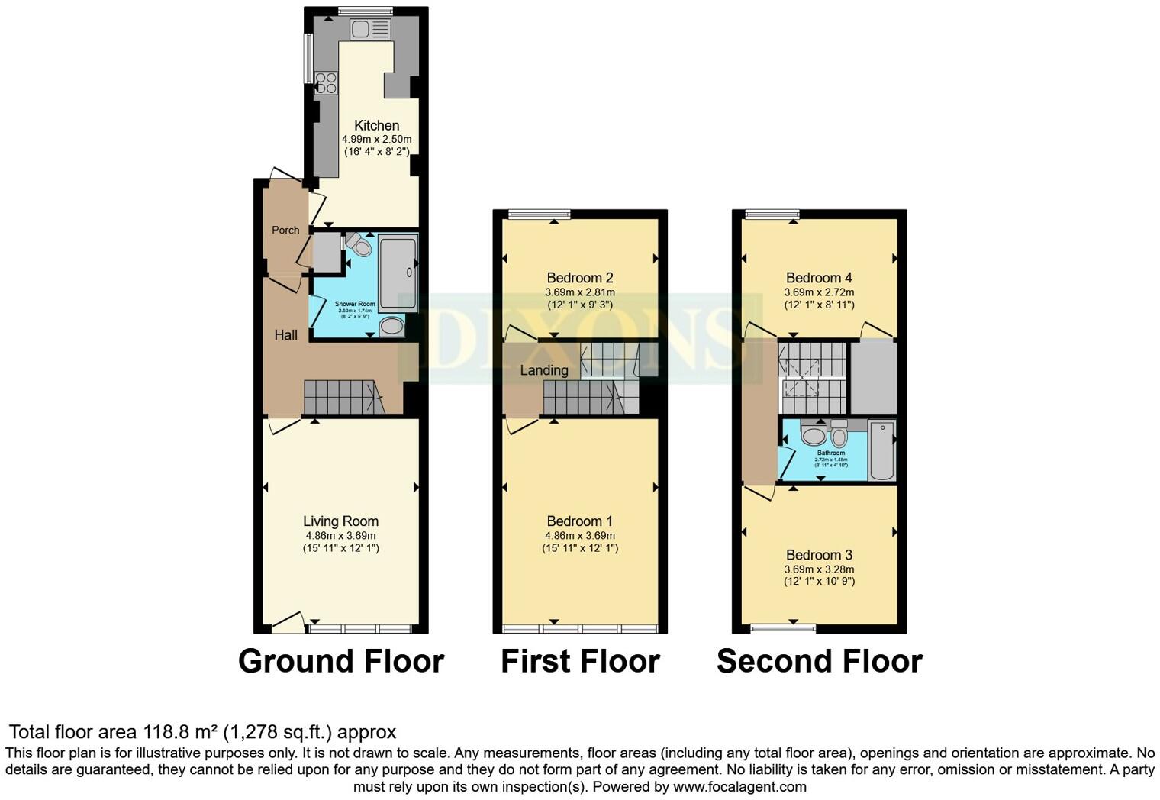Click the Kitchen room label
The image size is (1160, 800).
pos(376,125)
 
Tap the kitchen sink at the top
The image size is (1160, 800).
pos(370,30)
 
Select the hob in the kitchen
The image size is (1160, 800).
pos(326,82)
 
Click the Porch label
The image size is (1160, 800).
pos(285,230)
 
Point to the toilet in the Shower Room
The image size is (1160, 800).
pos(358,244)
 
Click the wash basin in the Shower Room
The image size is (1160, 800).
pos(391,327)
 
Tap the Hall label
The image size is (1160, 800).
pos(285,334)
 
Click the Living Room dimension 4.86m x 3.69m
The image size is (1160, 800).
pos(340,535)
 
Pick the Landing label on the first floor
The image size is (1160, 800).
pos(543,370)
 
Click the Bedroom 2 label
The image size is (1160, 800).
pos(579,278)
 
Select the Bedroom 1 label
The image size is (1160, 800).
pos(579,521)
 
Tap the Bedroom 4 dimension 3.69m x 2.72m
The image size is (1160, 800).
pos(819,292)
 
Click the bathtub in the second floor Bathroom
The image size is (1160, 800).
pos(882,450)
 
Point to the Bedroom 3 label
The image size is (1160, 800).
pos(819,555)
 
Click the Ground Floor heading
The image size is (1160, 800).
pos(341,661)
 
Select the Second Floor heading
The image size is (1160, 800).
pos(819,661)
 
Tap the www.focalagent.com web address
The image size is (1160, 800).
pos(739,786)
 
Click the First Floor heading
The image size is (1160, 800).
pos(580,661)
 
